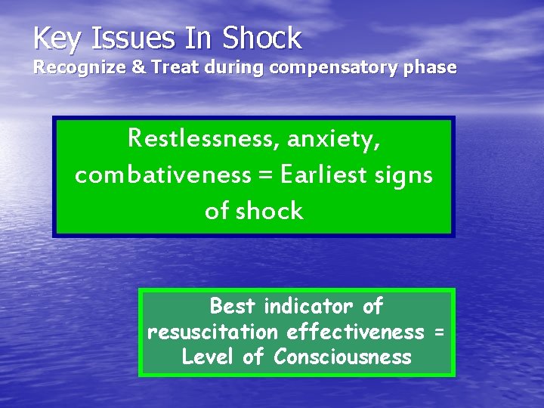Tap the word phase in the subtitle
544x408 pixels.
[431, 68]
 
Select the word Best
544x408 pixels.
[233, 306]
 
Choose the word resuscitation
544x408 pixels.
[215, 332]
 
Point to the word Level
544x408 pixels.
[209, 357]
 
